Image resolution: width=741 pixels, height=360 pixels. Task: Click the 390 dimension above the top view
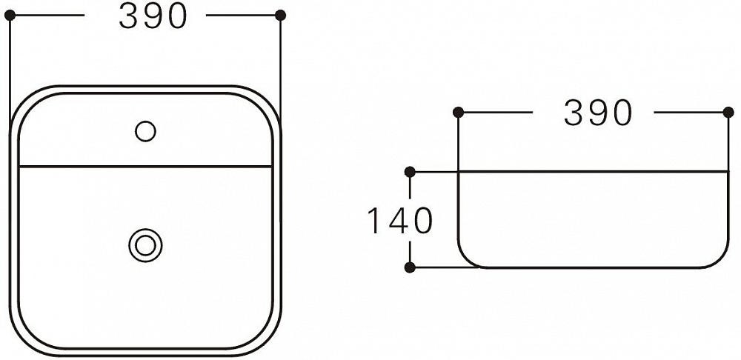coord(153,16)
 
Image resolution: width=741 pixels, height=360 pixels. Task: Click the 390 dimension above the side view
coord(598,113)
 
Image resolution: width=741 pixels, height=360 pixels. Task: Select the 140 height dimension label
coord(400,221)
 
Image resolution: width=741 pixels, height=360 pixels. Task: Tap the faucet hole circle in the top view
coord(145,131)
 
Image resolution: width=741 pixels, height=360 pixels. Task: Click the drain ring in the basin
coord(145,245)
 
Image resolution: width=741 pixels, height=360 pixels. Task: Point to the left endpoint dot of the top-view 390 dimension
coord(10,15)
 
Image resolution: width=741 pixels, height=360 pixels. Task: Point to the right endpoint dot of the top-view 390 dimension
coord(280,15)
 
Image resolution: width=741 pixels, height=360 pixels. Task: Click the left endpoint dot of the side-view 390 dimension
coord(458,113)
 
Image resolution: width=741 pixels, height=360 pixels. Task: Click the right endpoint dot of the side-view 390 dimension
coord(728,113)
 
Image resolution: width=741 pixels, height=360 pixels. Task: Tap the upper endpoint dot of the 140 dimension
coord(411,172)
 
